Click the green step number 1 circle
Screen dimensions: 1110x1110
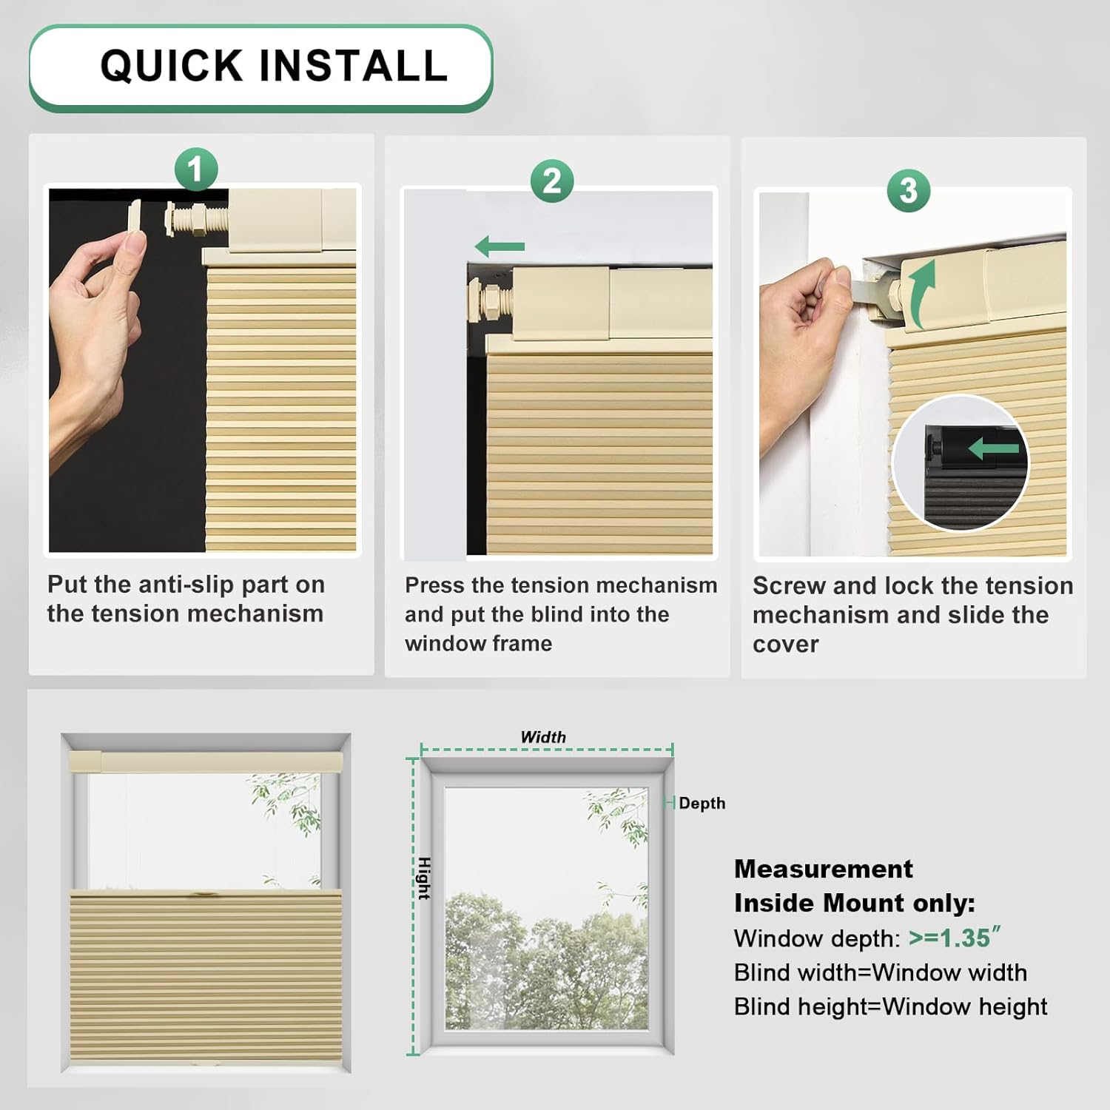(196, 169)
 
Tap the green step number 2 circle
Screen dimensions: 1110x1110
(552, 181)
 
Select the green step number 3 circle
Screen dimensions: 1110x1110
(909, 190)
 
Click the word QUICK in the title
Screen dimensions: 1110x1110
(172, 65)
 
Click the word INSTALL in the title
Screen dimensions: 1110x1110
(354, 65)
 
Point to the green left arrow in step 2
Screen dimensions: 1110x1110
(499, 246)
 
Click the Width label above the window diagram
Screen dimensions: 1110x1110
(543, 737)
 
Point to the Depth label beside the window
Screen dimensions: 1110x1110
(702, 803)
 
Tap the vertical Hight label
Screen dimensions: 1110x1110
(424, 878)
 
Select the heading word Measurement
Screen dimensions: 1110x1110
(824, 869)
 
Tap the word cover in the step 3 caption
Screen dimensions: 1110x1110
(786, 645)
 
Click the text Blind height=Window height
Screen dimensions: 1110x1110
(891, 1006)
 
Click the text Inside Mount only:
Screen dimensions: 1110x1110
(855, 903)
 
